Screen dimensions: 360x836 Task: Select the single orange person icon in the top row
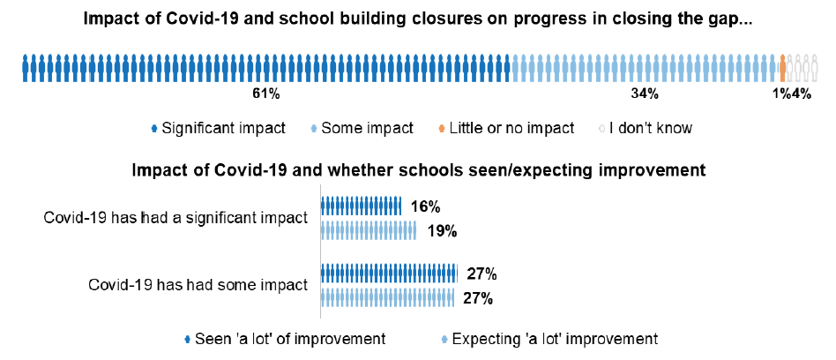[782, 67]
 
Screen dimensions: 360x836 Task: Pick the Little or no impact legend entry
[504, 128]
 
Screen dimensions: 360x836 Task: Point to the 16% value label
[425, 207]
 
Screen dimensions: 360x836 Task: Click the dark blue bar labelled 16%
[362, 207]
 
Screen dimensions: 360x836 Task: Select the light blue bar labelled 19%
[369, 231]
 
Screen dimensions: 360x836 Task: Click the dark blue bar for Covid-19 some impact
[389, 274]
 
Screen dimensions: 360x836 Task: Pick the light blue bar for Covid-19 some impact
[388, 297]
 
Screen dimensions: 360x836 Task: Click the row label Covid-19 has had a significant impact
[175, 219]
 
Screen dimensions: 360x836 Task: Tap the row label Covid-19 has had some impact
[198, 285]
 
